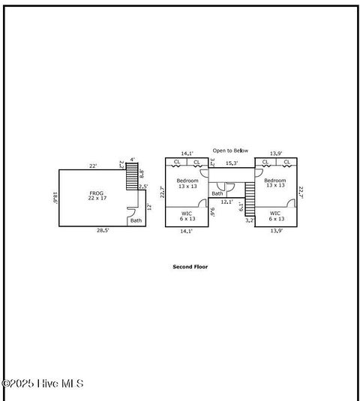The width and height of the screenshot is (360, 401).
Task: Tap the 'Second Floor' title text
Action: coord(190,266)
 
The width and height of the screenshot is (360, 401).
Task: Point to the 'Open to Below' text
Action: coord(229,150)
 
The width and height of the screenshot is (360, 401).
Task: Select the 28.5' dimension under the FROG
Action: coord(102,231)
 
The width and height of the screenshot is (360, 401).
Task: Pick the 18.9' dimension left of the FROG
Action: coord(55,199)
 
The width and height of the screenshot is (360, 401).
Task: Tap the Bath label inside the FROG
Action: coord(136,220)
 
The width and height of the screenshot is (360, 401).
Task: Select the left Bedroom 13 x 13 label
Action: coord(187,183)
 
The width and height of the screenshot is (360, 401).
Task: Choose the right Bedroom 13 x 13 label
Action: coord(274,183)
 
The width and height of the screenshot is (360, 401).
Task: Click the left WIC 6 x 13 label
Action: coord(187,216)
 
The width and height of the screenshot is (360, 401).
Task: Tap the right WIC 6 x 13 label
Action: coord(275,216)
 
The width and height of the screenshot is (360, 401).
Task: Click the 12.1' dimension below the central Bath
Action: coord(226,202)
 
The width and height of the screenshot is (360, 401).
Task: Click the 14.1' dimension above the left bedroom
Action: coord(187,153)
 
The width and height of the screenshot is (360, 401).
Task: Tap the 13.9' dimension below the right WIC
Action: coord(276,231)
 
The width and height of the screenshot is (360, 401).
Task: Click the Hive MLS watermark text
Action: coord(43,384)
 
